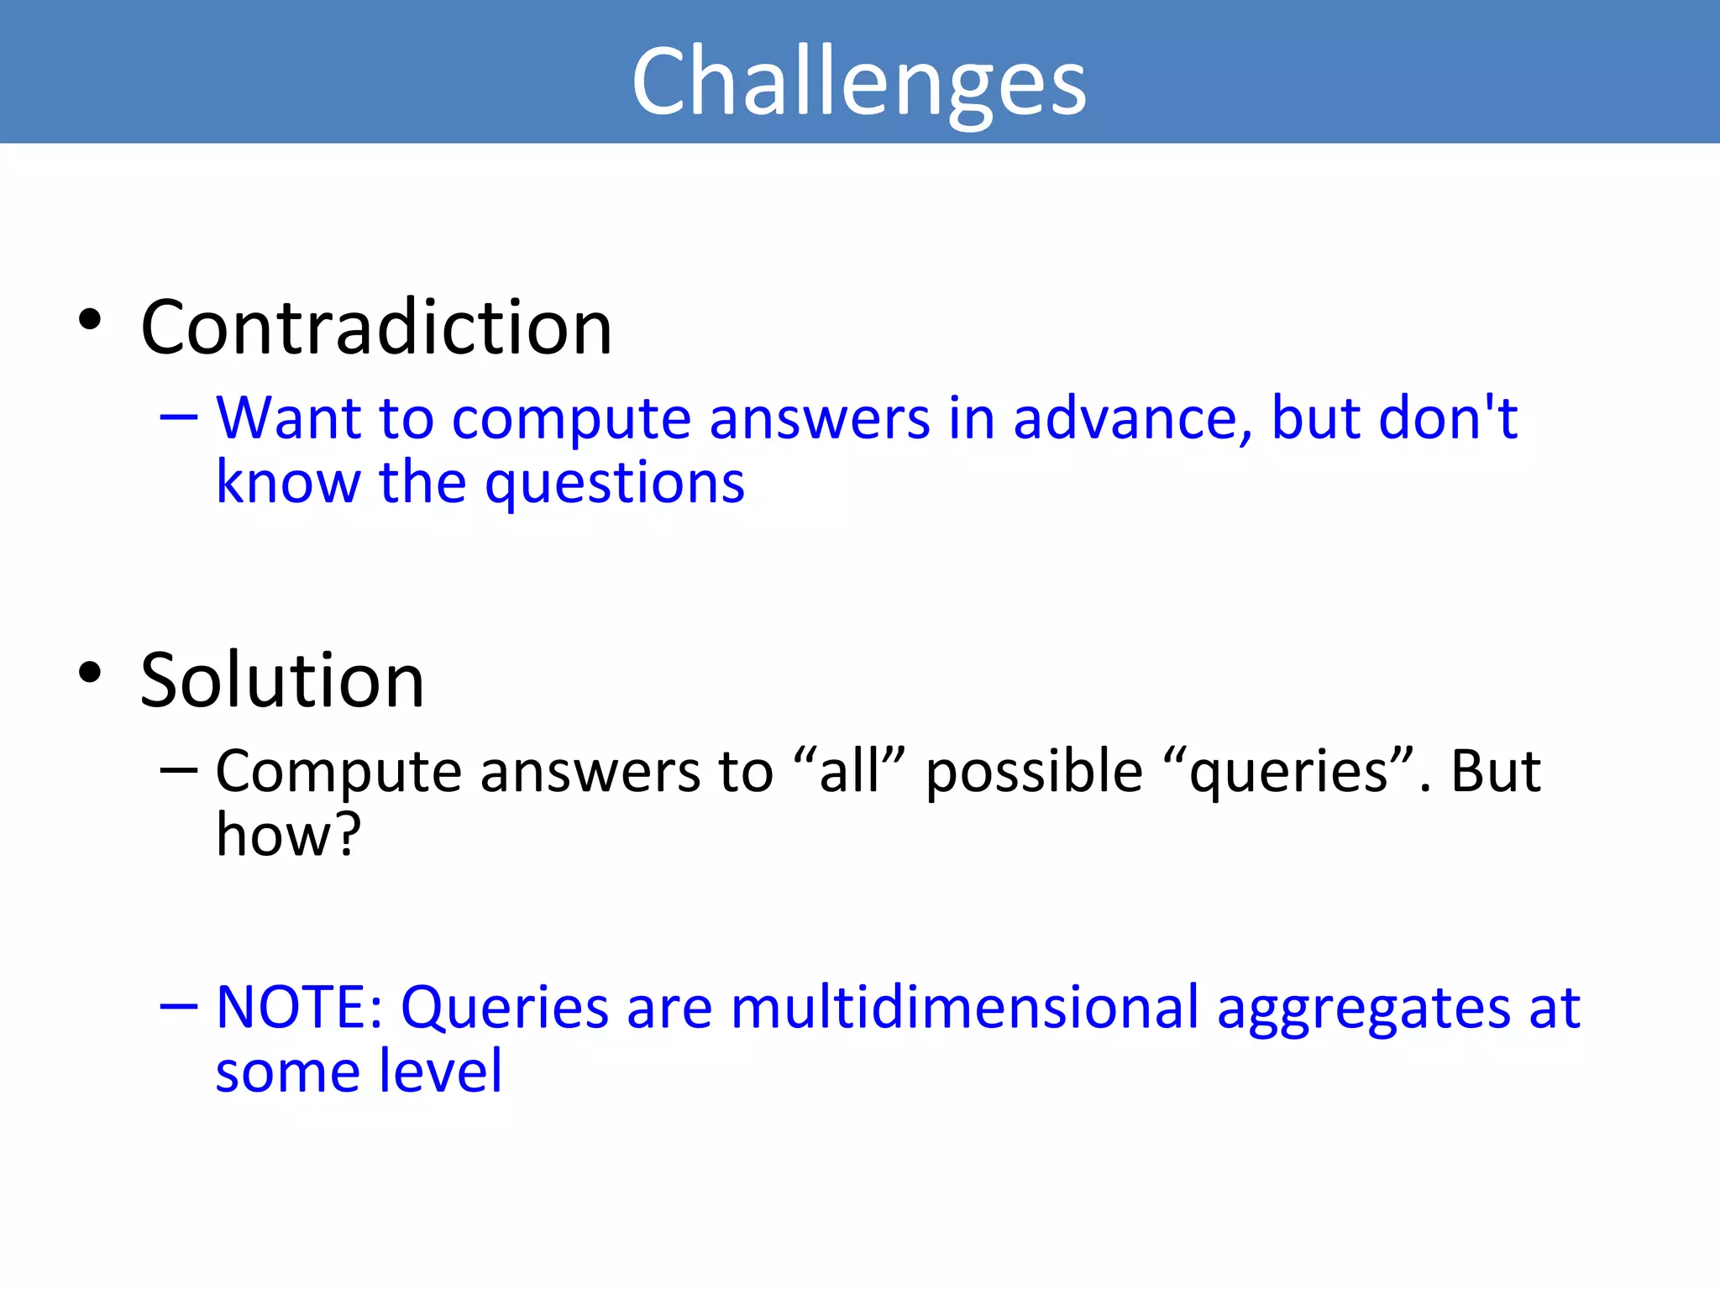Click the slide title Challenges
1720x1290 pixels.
click(859, 82)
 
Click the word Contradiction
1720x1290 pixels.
click(376, 328)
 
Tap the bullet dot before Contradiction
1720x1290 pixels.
click(90, 320)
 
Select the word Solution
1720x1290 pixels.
click(282, 680)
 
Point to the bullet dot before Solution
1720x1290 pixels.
click(90, 673)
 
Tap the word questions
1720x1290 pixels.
click(615, 484)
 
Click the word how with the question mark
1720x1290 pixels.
click(288, 835)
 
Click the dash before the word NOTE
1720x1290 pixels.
click(179, 1006)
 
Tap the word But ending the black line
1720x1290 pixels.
click(1496, 771)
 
